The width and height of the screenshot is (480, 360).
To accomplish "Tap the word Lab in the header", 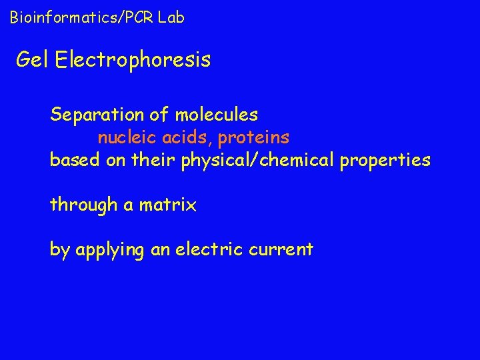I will pos(171,17).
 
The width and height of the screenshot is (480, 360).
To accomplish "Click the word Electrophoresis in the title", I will pos(133,60).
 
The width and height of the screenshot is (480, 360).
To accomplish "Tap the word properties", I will pos(386,161).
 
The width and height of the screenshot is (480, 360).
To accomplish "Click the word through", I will pos(83,205).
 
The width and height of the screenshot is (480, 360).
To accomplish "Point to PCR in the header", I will pos(139,17).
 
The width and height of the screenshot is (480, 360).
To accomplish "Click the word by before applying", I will pos(59,250).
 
